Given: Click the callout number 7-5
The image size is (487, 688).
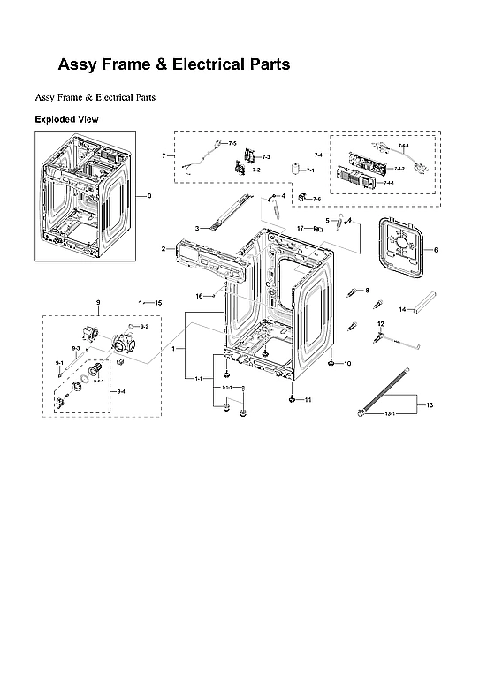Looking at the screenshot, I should coord(232,143).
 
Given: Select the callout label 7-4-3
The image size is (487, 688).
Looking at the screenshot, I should coord(403,145).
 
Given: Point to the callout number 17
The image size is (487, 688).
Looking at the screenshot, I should coord(301,228).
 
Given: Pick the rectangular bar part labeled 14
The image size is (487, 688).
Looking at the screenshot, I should coord(423,304).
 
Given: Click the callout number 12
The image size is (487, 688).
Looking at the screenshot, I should coord(381,324).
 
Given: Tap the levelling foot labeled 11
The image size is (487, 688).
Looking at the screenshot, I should coord(291,398).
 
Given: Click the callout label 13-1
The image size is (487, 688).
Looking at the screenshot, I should coord(388,413).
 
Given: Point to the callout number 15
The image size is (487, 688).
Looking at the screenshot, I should coord(159,303).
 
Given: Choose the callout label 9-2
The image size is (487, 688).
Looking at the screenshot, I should coord(144,327).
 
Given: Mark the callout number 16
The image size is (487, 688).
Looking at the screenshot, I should coord(200,296).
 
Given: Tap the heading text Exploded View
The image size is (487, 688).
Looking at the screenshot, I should coord(66,118).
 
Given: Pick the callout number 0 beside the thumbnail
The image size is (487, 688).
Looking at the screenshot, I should coord(148,195).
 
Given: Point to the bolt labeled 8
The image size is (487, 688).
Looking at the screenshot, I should coord(356,291).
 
